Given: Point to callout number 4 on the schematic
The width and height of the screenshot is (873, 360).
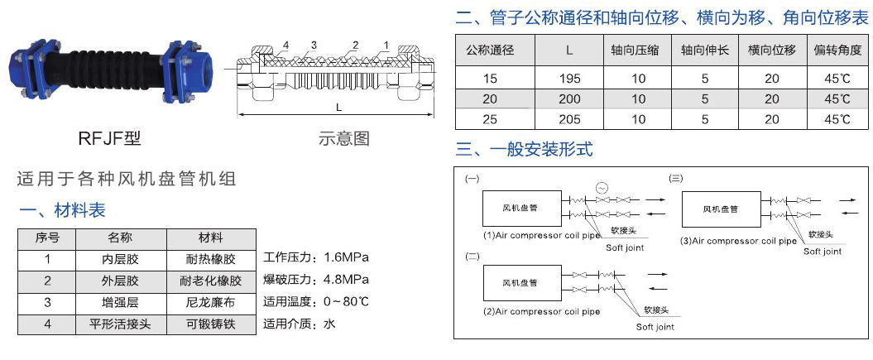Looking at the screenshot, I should tap(285, 44).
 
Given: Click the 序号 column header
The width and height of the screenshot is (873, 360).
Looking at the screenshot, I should tap(47, 238).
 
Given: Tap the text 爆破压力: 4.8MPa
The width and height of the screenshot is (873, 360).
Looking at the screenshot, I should tap(315, 278).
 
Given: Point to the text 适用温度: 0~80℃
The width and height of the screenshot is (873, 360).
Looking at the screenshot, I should tap(315, 300).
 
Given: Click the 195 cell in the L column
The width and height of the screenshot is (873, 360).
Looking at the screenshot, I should tap(569, 79).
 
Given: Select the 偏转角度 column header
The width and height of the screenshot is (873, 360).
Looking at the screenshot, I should tap(837, 50).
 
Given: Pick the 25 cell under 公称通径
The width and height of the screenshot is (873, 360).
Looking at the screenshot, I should tap(490, 119).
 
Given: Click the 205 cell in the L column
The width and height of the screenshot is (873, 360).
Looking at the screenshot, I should tap(569, 119).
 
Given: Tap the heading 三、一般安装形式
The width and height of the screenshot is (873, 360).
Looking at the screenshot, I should tap(525, 151).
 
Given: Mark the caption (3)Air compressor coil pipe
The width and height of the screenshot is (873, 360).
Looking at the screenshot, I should tap(738, 241).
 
